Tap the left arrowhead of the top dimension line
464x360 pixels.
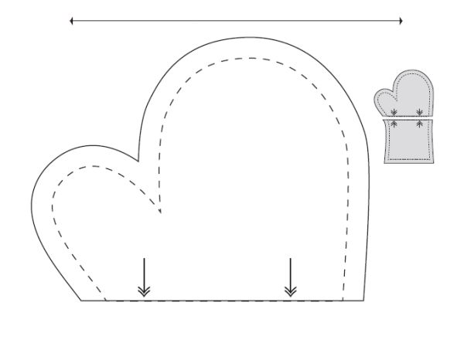coord(71,21)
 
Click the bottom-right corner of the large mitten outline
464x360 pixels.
coord(365,300)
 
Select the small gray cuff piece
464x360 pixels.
coord(410,141)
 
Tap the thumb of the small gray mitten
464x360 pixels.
coord(383,98)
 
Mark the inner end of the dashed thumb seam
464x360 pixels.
coord(159,212)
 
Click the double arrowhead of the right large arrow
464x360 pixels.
coord(290,290)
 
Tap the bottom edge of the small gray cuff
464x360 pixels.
coord(410,163)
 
